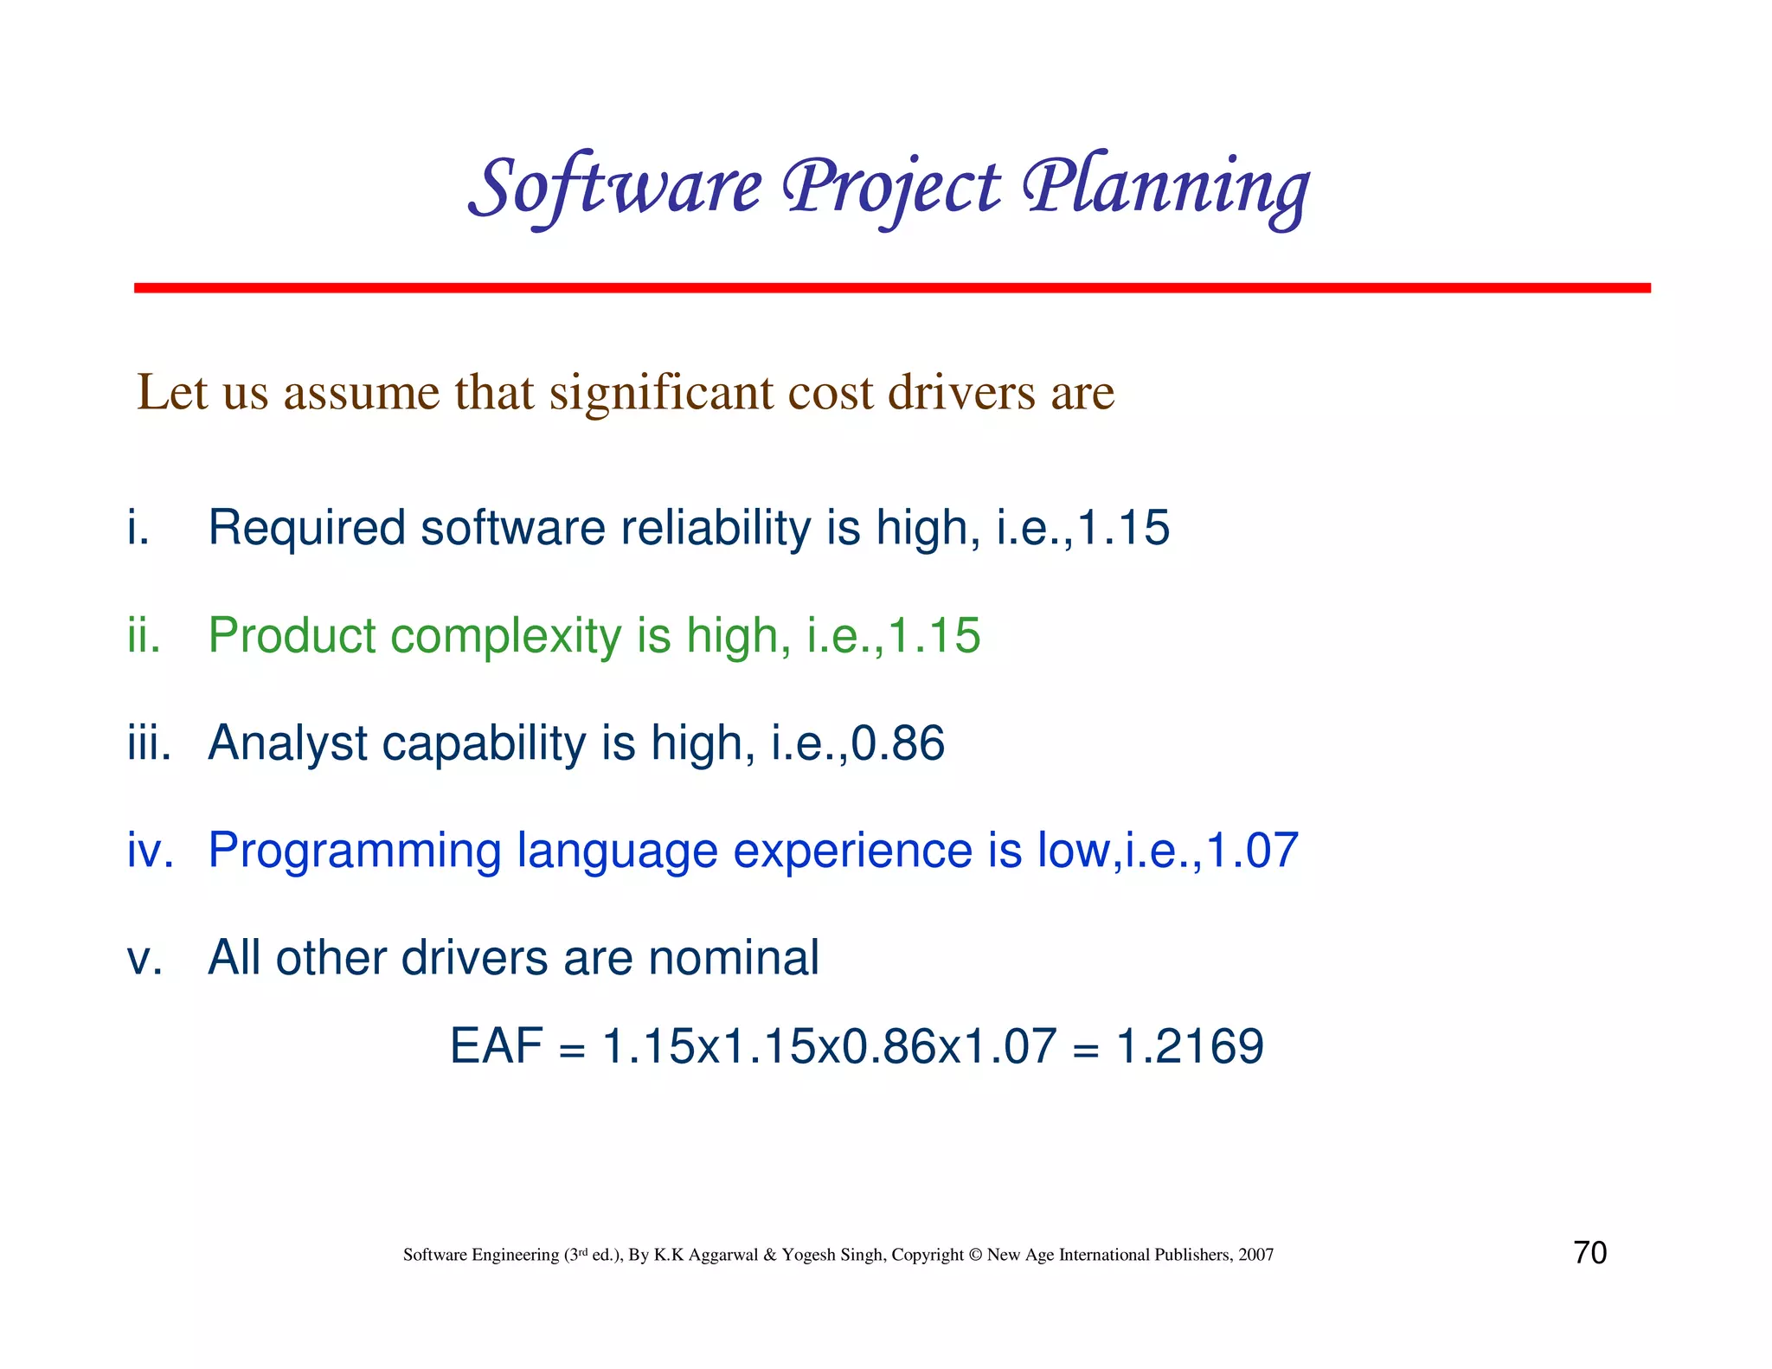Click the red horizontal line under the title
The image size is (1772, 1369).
click(x=891, y=287)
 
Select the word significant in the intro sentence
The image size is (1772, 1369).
click(x=660, y=394)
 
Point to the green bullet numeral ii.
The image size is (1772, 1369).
click(x=143, y=635)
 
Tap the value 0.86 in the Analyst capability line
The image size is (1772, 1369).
click(x=898, y=742)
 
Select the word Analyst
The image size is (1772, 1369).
click(x=288, y=744)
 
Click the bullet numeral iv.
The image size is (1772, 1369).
click(x=150, y=850)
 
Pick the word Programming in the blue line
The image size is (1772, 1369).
click(x=354, y=852)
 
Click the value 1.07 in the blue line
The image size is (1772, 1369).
click(x=1253, y=850)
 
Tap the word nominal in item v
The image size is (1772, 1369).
click(x=733, y=958)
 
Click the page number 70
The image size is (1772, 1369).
click(x=1589, y=1252)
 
